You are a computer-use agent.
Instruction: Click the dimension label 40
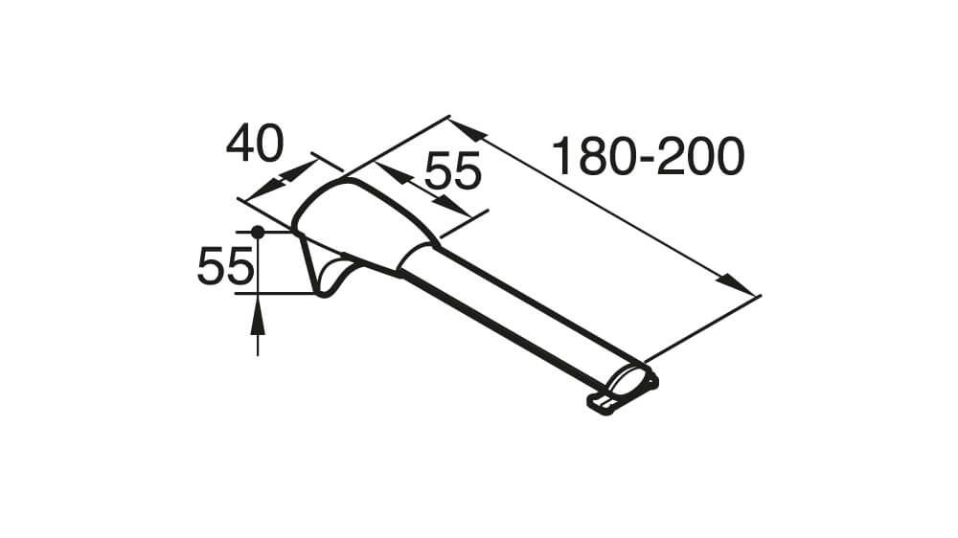255,144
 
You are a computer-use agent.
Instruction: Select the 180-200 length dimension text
649,156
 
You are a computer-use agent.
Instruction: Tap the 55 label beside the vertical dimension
225,266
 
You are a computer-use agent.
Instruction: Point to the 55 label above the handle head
453,170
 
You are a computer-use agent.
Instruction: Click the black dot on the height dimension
258,232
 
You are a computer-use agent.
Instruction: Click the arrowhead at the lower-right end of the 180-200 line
736,284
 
